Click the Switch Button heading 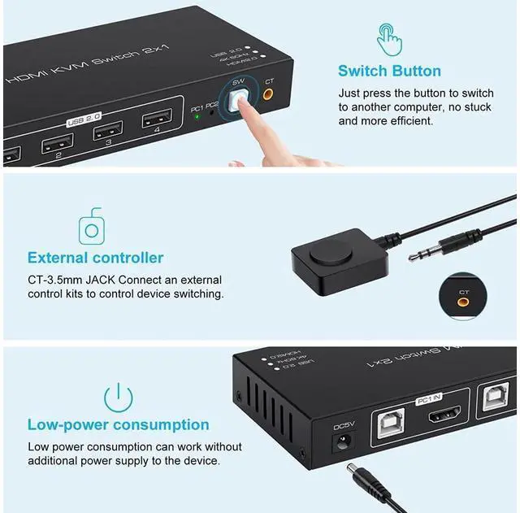(x=389, y=71)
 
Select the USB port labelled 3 (x=107, y=130)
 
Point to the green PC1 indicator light (x=197, y=116)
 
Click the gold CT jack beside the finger (x=268, y=95)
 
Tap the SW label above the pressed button (x=238, y=83)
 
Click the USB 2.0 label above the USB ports (x=80, y=122)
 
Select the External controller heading (x=95, y=258)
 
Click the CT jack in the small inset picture (x=463, y=302)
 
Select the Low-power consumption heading (x=118, y=424)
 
